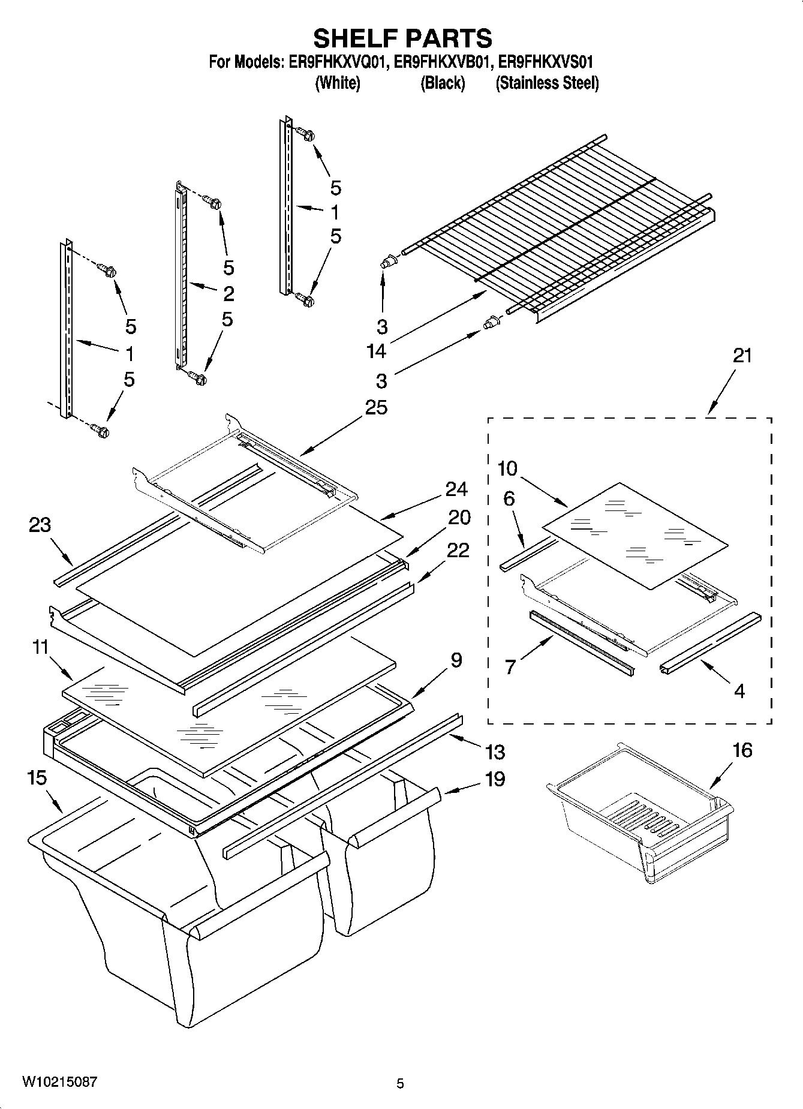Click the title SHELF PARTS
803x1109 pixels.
coord(402,38)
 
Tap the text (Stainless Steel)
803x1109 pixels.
coord(546,83)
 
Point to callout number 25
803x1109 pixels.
coord(376,408)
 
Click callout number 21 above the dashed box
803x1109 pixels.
coord(742,356)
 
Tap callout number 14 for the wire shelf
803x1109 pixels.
coord(376,351)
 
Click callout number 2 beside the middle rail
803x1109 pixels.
coord(228,293)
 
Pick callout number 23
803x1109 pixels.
coord(40,525)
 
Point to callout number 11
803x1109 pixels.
coord(40,647)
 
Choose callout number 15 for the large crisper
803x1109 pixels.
coord(37,778)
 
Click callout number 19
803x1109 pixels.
coord(495,779)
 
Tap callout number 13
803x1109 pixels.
coord(495,752)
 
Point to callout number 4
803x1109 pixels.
coord(739,692)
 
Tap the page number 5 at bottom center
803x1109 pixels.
coord(400,1083)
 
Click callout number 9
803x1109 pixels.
coord(456,660)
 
